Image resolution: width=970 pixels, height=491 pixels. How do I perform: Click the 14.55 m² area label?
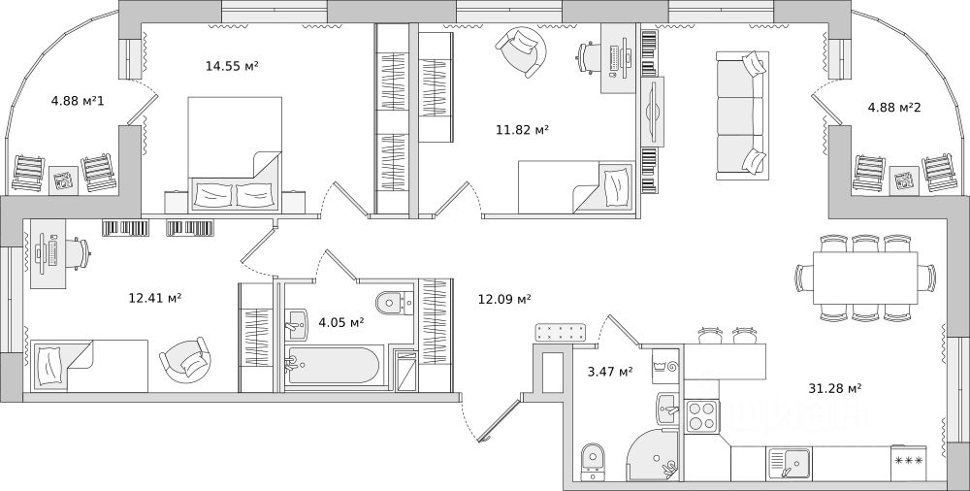point(232,66)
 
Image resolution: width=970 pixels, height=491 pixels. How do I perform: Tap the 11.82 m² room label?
point(523,128)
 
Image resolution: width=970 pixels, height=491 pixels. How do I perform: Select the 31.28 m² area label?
point(835,389)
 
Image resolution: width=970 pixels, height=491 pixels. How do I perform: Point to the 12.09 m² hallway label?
point(504,298)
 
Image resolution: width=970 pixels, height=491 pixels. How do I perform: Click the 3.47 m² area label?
point(610,371)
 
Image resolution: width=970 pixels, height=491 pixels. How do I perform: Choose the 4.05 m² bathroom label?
point(341,321)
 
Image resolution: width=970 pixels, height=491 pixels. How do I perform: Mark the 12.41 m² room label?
point(155,298)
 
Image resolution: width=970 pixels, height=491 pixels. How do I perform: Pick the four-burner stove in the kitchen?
point(702,416)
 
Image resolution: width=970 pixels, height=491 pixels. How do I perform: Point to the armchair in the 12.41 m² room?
point(184,362)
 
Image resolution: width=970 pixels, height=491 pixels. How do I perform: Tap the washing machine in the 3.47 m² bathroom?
point(665,367)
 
